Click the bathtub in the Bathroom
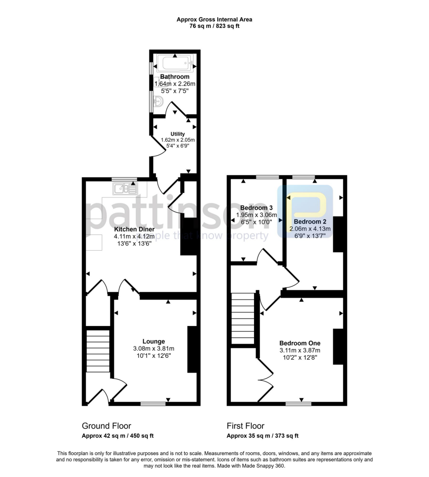click(x=174, y=63)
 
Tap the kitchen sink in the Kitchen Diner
click(x=125, y=189)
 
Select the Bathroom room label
click(x=174, y=77)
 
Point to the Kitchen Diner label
click(x=133, y=229)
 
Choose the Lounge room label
click(x=154, y=341)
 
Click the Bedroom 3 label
click(x=256, y=207)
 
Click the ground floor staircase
click(x=98, y=350)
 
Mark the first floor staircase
click(x=243, y=319)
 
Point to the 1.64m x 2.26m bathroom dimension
click(x=174, y=84)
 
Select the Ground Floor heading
click(x=106, y=426)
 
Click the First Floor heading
click(x=245, y=426)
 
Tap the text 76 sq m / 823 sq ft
click(x=214, y=26)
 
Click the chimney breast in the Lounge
click(x=192, y=349)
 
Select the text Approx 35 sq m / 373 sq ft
click(x=262, y=436)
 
